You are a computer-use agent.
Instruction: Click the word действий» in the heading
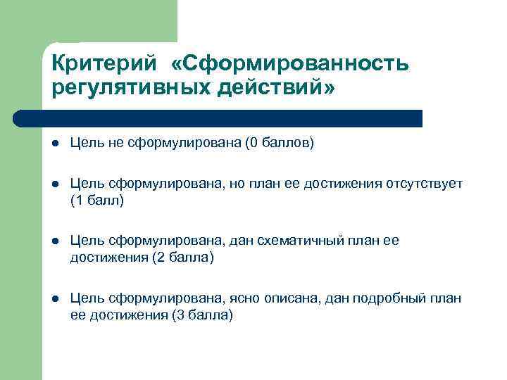click(x=277, y=89)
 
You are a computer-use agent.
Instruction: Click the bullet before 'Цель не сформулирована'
click(x=55, y=144)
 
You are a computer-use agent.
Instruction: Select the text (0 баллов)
click(x=279, y=144)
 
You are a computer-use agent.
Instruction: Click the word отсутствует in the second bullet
click(x=424, y=184)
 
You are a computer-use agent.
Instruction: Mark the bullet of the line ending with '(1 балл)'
click(x=55, y=184)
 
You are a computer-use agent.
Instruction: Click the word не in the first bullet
click(x=115, y=144)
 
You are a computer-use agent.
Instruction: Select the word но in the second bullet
click(x=236, y=184)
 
